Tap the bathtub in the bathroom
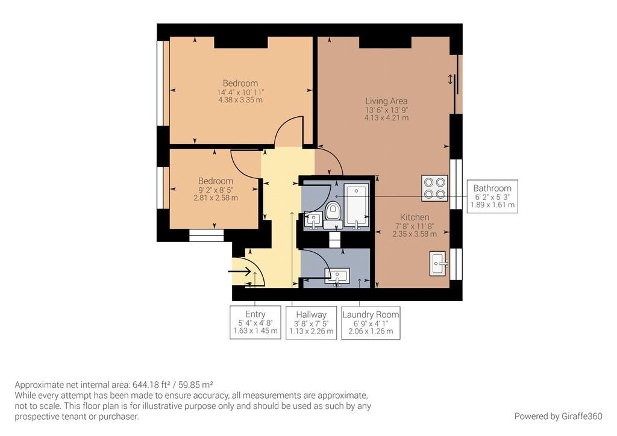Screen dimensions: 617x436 click(x=357, y=205)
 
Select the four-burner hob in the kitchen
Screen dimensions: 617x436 click(x=434, y=188)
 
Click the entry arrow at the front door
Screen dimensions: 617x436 click(x=240, y=271)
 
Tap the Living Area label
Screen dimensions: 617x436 click(x=386, y=101)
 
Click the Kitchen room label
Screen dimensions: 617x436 click(x=415, y=217)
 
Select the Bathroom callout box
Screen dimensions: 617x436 click(x=492, y=196)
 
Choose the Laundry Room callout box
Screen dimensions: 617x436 click(x=371, y=323)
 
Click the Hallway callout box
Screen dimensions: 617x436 click(x=312, y=323)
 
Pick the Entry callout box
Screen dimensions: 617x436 click(x=255, y=322)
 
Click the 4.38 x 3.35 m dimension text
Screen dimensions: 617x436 click(x=240, y=100)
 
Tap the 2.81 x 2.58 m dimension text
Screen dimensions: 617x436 click(x=216, y=198)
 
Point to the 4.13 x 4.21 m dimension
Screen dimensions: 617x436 click(x=386, y=117)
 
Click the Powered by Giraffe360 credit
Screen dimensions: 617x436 click(x=558, y=416)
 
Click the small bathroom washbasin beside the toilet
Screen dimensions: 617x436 click(x=313, y=220)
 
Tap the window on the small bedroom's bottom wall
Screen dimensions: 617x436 click(x=207, y=235)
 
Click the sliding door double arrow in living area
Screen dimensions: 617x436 click(x=450, y=80)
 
